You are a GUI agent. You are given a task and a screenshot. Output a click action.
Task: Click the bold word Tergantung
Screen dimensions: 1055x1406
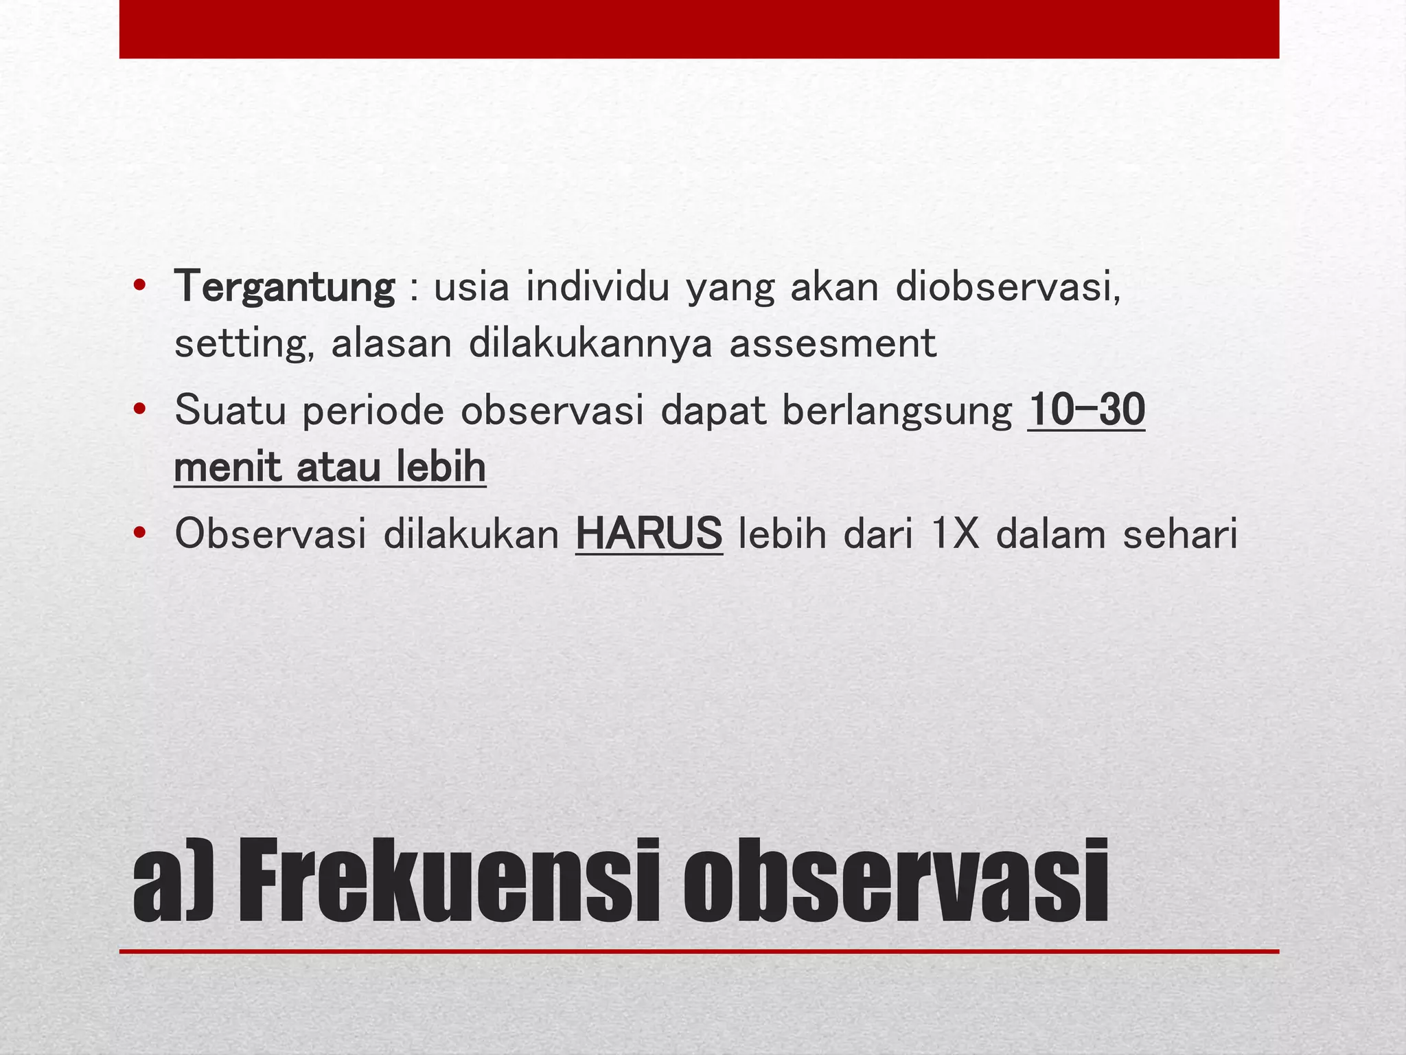coord(285,287)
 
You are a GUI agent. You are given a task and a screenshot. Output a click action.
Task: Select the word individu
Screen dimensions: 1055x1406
coord(598,287)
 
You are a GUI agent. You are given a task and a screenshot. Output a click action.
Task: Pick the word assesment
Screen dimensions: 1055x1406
coord(833,343)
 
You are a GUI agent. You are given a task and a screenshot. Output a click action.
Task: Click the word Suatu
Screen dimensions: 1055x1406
coord(230,410)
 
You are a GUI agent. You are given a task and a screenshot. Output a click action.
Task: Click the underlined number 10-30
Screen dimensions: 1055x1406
coord(1086,410)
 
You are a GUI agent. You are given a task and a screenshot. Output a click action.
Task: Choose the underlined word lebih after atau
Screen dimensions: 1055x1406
coord(441,467)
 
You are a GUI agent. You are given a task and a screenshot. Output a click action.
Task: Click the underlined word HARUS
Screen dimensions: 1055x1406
coord(649,534)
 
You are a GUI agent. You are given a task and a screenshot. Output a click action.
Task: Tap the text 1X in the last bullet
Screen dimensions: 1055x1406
coord(955,534)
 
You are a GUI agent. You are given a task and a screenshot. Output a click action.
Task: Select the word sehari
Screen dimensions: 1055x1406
coord(1180,534)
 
